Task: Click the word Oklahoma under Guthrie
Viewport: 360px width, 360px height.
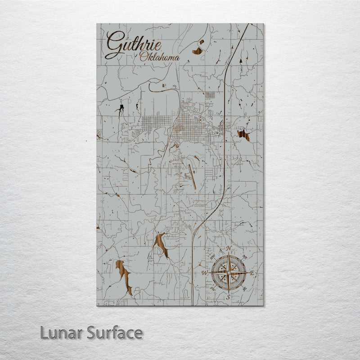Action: [x=159, y=57]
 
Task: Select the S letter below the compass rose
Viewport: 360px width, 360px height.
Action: [x=228, y=297]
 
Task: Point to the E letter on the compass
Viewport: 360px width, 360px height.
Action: [x=252, y=273]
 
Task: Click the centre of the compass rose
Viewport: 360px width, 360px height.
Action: [x=229, y=273]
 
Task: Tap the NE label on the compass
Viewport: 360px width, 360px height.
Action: [x=245, y=257]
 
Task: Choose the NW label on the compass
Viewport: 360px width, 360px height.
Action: [x=212, y=257]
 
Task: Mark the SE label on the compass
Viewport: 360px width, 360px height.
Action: [x=244, y=289]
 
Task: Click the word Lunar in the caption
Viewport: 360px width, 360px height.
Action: [x=58, y=333]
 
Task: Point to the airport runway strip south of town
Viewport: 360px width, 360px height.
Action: [x=192, y=176]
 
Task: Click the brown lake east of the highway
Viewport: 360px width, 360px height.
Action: [x=243, y=135]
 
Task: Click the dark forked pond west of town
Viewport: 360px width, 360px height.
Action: [x=120, y=108]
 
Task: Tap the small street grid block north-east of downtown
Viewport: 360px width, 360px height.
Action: [x=210, y=95]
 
